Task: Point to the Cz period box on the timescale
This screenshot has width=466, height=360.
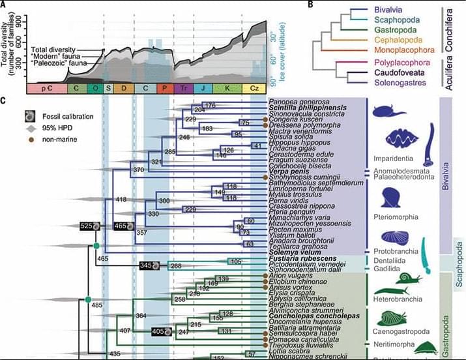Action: pyautogui.click(x=254, y=87)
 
